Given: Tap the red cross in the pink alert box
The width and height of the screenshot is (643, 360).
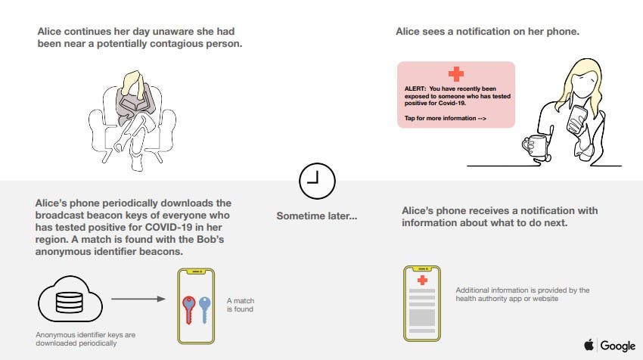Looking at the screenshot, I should pyautogui.click(x=455, y=74).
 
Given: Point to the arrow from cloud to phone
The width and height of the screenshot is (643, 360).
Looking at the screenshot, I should pyautogui.click(x=138, y=299).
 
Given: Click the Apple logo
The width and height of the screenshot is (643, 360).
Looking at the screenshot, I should pyautogui.click(x=589, y=345).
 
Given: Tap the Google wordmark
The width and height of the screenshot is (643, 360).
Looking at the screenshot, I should pyautogui.click(x=617, y=346).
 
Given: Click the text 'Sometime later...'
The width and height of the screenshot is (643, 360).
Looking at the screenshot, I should pyautogui.click(x=316, y=216).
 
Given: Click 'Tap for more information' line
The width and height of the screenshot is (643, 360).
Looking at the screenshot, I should pyautogui.click(x=444, y=119).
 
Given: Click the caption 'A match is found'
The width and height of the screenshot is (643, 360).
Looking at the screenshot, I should pyautogui.click(x=241, y=305).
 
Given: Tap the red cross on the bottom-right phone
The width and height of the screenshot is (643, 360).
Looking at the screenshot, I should pyautogui.click(x=422, y=280).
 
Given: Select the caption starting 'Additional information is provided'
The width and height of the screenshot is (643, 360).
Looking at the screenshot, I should pyautogui.click(x=522, y=294).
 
